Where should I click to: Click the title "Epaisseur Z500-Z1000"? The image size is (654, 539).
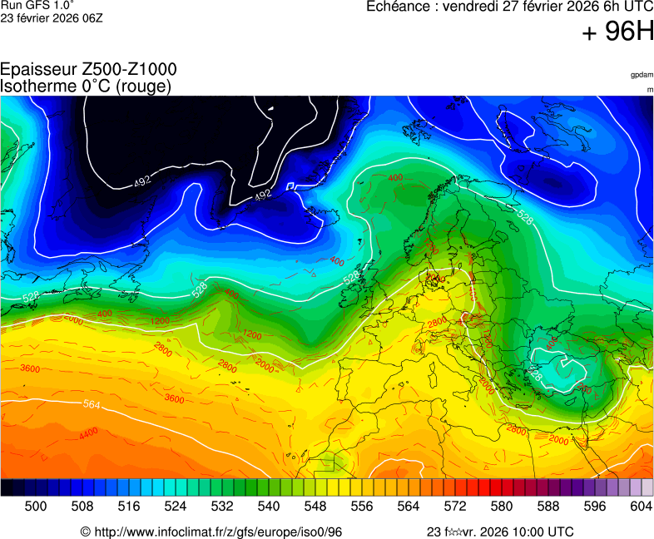(x=88, y=70)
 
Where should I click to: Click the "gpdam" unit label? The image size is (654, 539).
(x=642, y=75)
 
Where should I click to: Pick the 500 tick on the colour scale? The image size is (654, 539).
(x=36, y=506)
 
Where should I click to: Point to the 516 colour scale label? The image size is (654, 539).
(x=129, y=506)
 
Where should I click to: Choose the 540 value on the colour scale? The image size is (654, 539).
(x=269, y=506)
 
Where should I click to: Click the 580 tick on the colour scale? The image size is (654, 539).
(x=501, y=506)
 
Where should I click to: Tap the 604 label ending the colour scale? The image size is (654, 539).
(x=641, y=506)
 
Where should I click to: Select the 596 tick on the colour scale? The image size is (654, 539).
(x=594, y=506)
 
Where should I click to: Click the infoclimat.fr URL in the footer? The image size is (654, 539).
(x=218, y=532)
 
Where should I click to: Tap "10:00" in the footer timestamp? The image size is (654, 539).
(x=524, y=532)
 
